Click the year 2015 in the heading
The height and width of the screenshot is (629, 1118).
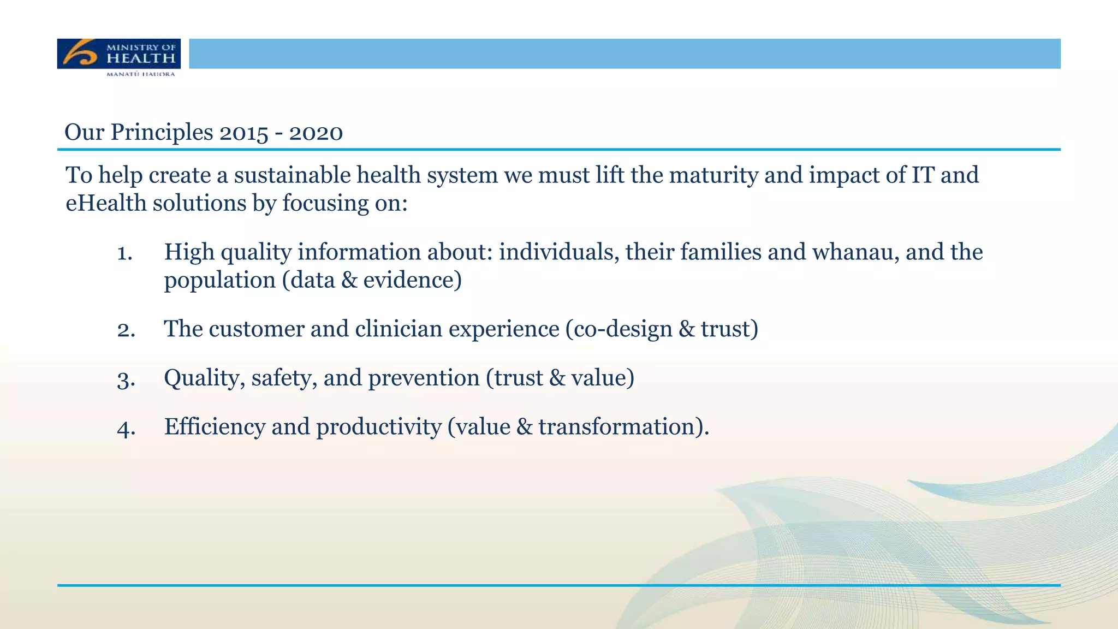244,133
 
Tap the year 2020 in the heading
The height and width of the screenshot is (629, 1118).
316,133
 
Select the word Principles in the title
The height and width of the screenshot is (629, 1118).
162,133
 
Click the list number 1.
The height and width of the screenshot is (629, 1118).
124,253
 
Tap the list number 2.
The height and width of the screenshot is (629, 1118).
126,330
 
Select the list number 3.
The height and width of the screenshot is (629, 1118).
126,379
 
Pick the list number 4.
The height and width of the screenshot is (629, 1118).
126,428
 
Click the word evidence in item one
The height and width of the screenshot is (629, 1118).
409,280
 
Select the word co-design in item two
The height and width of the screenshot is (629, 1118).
619,329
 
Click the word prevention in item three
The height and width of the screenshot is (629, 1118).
424,378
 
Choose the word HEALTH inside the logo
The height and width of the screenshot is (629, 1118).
141,58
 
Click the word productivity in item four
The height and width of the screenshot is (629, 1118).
379,426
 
